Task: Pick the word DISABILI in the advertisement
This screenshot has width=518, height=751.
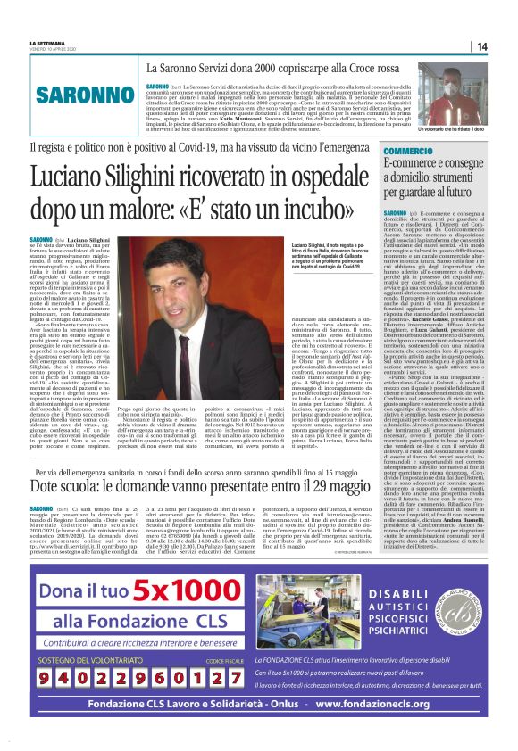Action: coord(390,597)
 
